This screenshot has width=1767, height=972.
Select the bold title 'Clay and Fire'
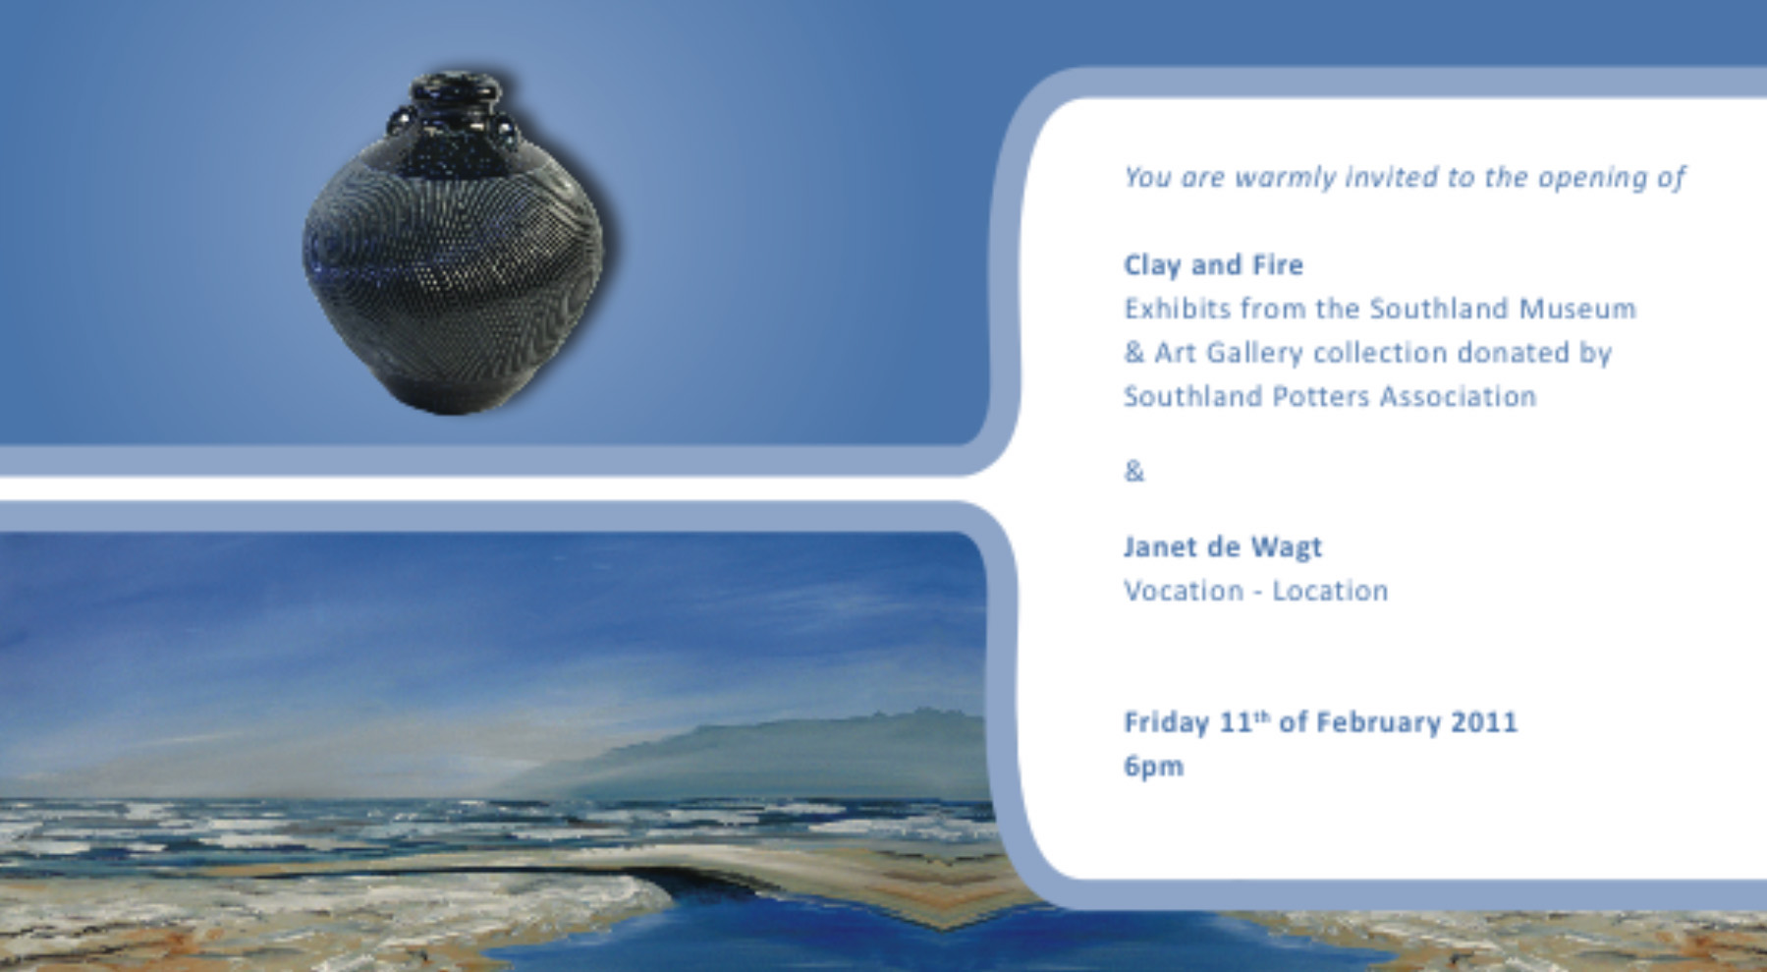[1213, 265]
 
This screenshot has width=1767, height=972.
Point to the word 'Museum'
[1577, 309]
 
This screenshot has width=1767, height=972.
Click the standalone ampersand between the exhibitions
[1134, 472]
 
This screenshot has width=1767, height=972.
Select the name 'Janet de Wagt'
[1223, 547]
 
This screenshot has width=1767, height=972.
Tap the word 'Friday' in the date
[1166, 723]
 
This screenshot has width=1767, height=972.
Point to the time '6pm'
[1153, 767]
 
